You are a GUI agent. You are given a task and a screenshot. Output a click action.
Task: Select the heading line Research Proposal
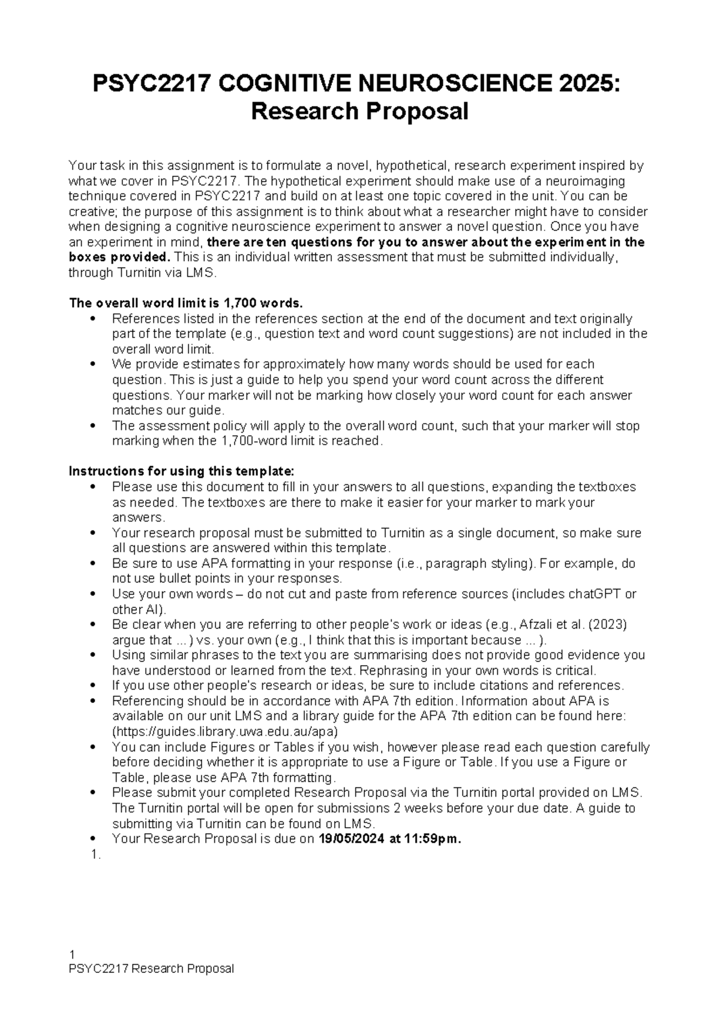(x=359, y=112)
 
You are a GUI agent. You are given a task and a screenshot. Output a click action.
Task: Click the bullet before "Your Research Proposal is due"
(x=92, y=839)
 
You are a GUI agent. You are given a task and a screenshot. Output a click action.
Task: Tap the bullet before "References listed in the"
(x=92, y=319)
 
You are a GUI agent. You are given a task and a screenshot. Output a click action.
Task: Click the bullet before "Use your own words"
(x=92, y=594)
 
